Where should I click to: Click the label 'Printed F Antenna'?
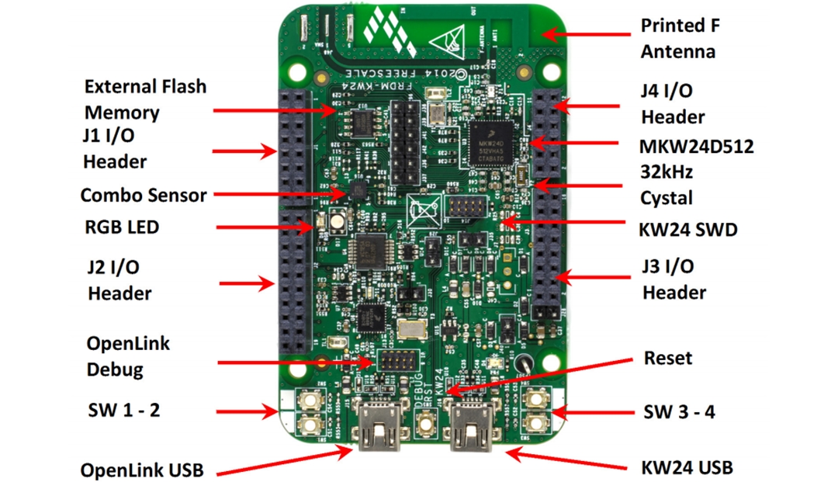tap(680, 38)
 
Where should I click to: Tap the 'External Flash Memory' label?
tap(145, 99)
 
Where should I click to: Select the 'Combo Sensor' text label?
tap(144, 195)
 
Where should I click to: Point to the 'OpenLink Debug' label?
tap(128, 355)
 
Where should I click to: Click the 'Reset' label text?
tap(667, 359)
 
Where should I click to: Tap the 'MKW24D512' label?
tap(696, 147)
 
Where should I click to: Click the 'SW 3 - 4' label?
tap(679, 411)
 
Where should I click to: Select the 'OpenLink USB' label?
tap(142, 470)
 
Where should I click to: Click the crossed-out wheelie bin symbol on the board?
tap(424, 210)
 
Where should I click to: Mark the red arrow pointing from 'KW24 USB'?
tap(566, 459)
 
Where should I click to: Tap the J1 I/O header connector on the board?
tap(296, 147)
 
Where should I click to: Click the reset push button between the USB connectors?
tap(426, 424)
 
